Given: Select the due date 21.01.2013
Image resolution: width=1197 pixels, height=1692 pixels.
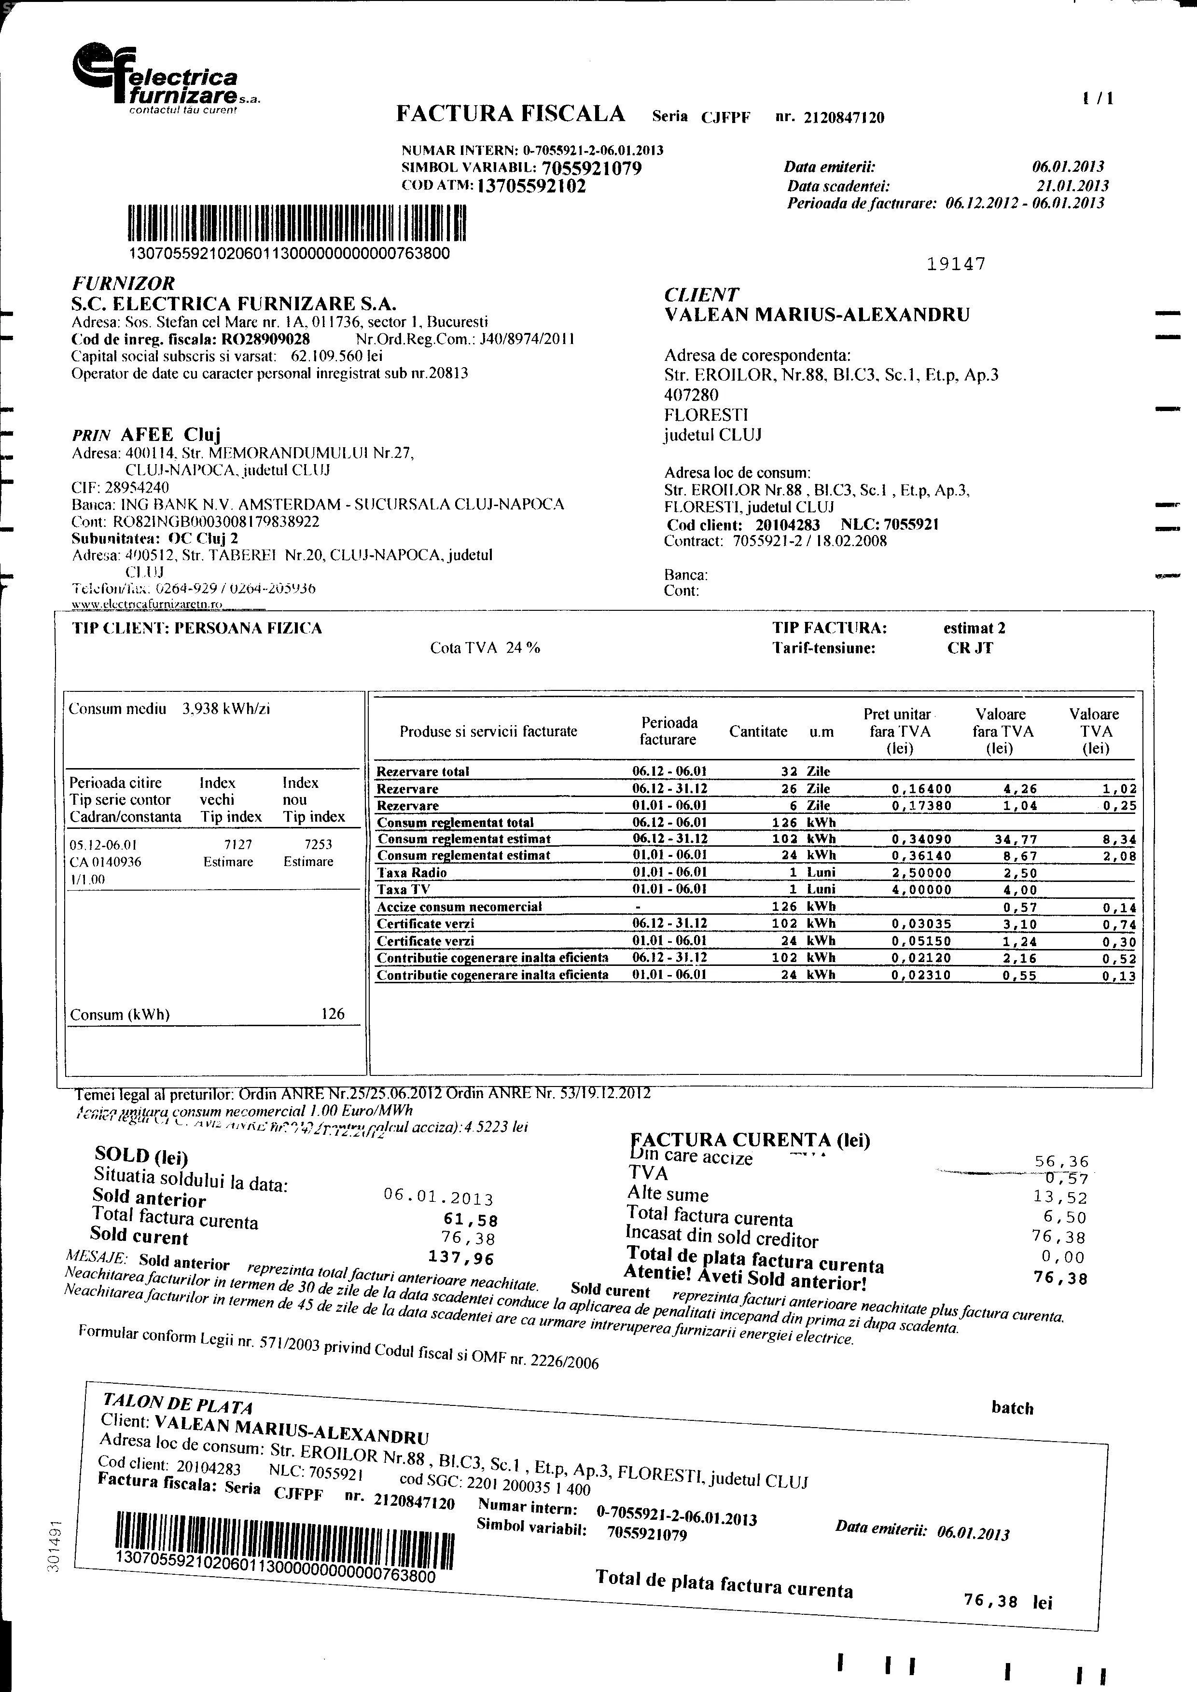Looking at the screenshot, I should click(x=1072, y=186).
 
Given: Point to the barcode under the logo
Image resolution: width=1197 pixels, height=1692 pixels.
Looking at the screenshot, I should click(x=297, y=224).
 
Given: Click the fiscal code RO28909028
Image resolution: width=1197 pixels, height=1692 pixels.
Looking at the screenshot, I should click(x=263, y=339).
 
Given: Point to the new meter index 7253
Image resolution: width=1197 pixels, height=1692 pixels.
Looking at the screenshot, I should click(x=318, y=844).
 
